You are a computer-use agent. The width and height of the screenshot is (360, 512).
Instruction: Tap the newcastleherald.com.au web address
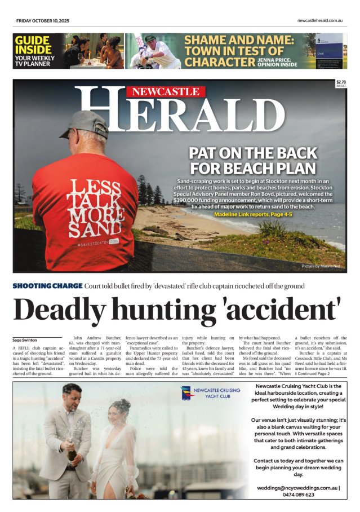point(320,21)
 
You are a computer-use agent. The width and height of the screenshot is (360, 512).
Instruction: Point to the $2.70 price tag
point(341,83)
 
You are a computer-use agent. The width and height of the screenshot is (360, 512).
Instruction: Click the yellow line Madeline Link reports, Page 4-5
point(252,214)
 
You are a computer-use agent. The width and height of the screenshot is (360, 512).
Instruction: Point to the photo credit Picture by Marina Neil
point(322,265)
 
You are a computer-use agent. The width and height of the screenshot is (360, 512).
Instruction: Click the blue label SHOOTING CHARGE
point(47,286)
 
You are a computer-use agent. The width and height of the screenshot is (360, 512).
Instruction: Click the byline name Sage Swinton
point(25,340)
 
